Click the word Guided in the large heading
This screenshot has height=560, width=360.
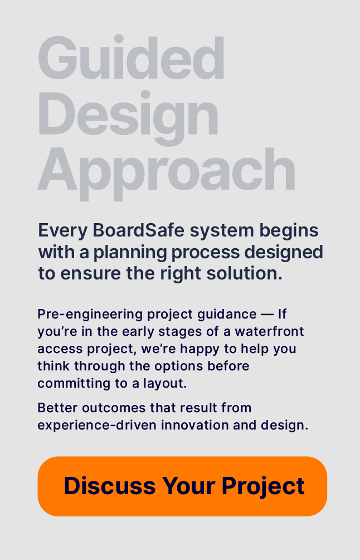point(132,58)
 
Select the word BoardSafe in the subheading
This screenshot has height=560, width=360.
point(138,230)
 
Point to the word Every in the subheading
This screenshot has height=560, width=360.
point(63,231)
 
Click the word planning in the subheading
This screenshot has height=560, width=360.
point(130,253)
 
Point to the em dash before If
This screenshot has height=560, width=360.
point(267,315)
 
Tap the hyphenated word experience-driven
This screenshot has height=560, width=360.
point(97,426)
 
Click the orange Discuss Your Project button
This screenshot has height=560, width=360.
point(182,486)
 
